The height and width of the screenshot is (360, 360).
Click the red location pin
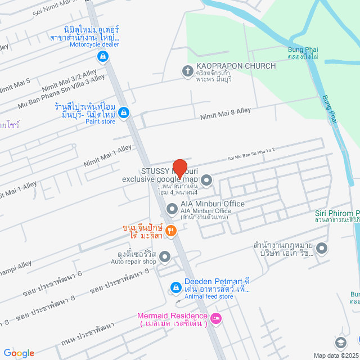coord(179,168)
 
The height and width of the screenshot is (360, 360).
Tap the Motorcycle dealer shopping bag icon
coord(102,56)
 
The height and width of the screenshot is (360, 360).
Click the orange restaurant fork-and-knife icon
coord(172,230)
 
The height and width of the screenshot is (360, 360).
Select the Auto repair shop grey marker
coord(165,257)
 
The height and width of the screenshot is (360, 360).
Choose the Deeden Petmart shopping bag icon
coord(175,288)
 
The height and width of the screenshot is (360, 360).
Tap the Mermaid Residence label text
coord(173,319)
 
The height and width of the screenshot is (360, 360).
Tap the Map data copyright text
coord(336,355)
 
